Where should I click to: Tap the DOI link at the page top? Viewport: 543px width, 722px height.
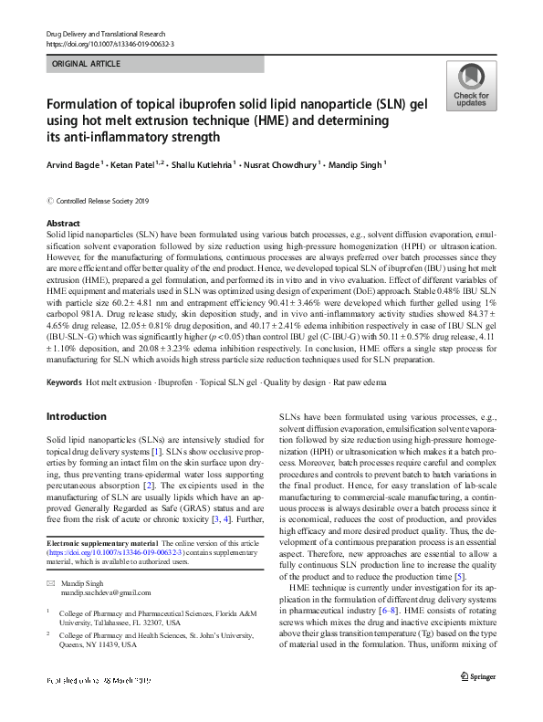(x=110, y=43)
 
